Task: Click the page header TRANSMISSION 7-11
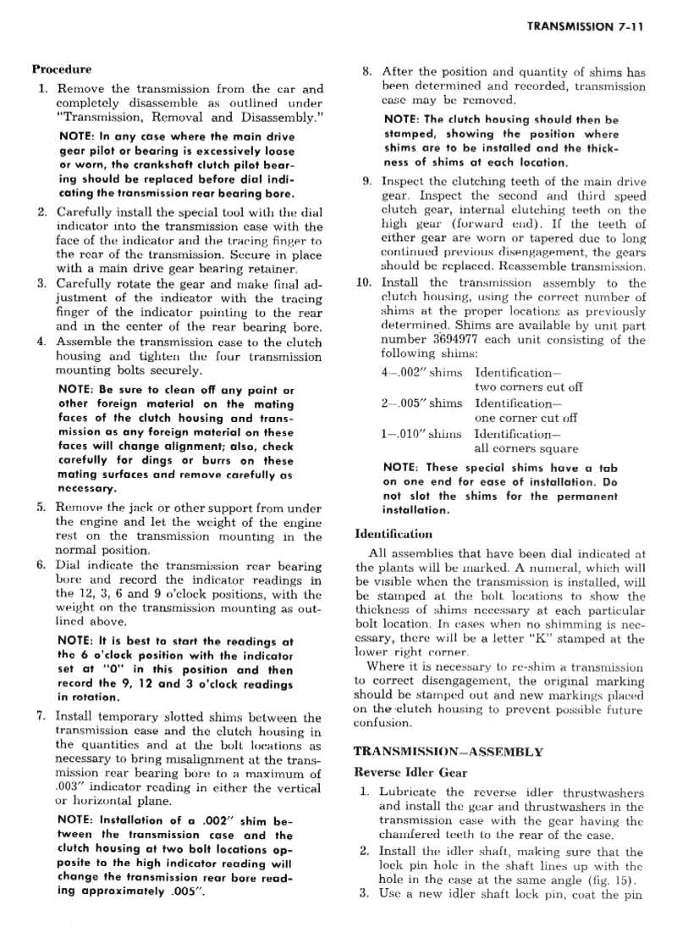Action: (x=585, y=26)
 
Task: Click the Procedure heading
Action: (x=62, y=69)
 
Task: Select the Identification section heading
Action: (x=394, y=534)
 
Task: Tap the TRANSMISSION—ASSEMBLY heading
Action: (x=448, y=750)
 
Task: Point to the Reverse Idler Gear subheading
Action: (x=410, y=771)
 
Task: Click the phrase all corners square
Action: (x=526, y=448)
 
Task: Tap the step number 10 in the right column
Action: (x=363, y=282)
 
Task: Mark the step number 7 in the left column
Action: (x=41, y=716)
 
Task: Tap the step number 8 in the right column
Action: (x=366, y=72)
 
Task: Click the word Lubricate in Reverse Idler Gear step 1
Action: (x=409, y=793)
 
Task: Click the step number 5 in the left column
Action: (x=41, y=507)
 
